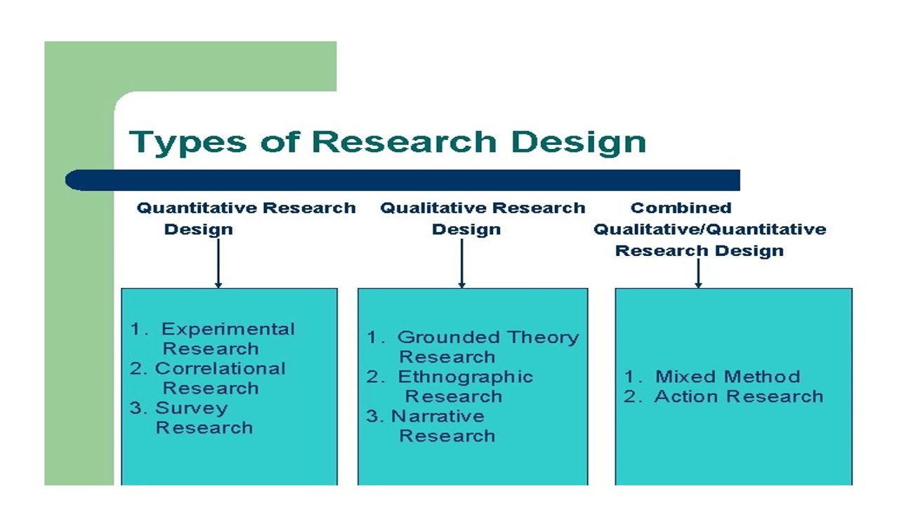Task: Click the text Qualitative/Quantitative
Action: tap(709, 229)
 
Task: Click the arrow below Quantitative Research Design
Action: tap(218, 264)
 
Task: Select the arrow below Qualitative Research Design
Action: tap(461, 264)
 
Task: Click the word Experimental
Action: tap(228, 329)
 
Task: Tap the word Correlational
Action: tap(220, 368)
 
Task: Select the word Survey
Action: tap(191, 408)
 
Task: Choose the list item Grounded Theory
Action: tap(487, 337)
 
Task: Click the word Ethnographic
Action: tap(465, 377)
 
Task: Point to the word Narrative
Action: tap(437, 416)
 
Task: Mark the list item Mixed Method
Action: tap(727, 377)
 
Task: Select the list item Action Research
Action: tap(738, 396)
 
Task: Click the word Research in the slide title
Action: tap(403, 141)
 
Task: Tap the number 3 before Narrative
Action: tap(374, 416)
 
